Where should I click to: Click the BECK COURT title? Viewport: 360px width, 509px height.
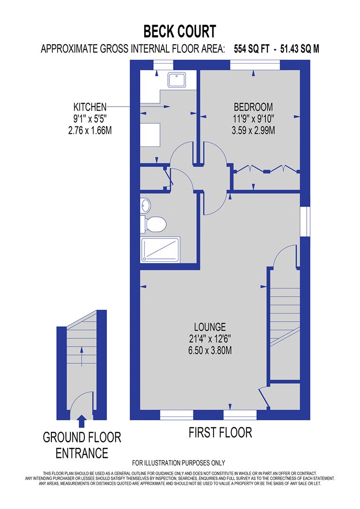click(x=180, y=32)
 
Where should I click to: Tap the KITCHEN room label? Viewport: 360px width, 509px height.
click(x=90, y=107)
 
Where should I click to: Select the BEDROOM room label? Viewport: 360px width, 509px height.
click(x=253, y=107)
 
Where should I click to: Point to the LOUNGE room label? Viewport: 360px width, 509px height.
click(x=210, y=327)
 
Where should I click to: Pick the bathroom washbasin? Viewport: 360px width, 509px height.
click(x=146, y=205)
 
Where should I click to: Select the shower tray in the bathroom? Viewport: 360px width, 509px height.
click(x=160, y=250)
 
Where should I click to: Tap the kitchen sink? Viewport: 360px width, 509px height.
click(x=177, y=80)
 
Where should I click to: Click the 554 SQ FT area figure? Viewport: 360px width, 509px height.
click(x=252, y=49)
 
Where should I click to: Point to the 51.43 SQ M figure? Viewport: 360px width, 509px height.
click(x=299, y=49)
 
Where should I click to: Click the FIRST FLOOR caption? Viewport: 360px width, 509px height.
click(x=220, y=433)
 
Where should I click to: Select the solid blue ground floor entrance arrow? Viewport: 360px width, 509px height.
click(x=82, y=421)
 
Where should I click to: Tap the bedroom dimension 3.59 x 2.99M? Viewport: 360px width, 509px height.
click(x=253, y=130)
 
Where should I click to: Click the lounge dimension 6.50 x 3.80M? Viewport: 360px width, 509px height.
click(x=210, y=350)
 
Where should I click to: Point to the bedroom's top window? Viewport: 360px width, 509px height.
click(x=255, y=65)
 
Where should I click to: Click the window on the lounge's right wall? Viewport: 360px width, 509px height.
click(x=305, y=221)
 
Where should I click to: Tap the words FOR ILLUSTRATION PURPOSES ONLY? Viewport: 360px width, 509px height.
click(x=179, y=463)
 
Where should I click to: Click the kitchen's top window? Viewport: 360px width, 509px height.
click(x=163, y=65)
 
